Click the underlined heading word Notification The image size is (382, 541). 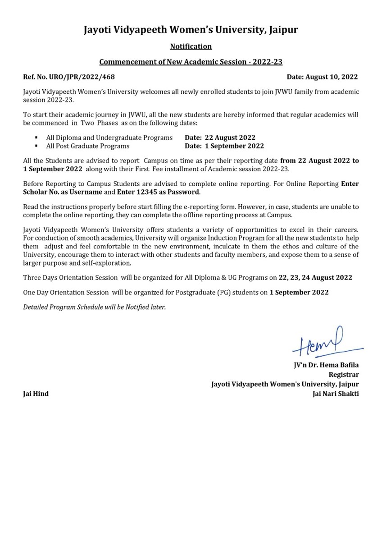[x=191, y=46]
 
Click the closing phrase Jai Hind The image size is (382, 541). [x=36, y=394]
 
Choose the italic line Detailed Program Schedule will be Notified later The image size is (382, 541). [x=95, y=307]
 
